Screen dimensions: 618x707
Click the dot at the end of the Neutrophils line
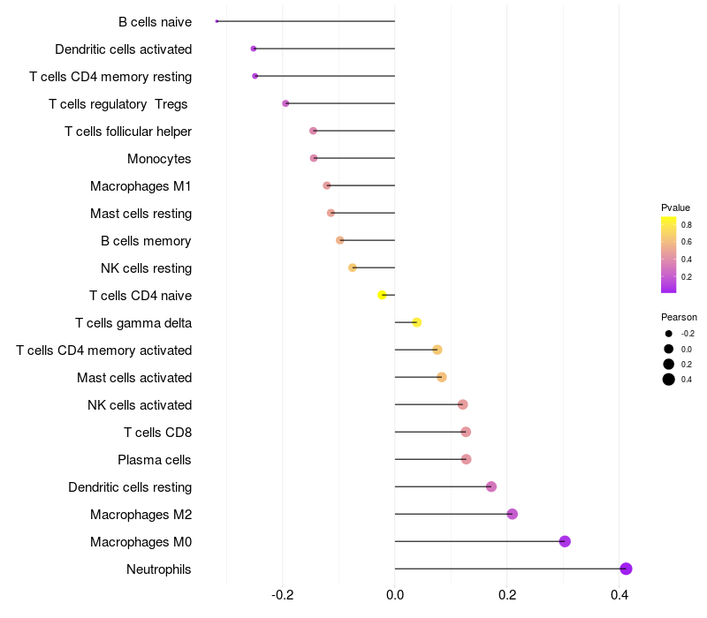[626, 569]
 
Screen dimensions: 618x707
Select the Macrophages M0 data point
[565, 541]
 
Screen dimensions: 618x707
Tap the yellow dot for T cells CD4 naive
[383, 295]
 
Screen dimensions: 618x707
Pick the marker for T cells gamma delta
[417, 322]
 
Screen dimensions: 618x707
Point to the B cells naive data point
[217, 21]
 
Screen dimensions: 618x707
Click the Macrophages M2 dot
[512, 514]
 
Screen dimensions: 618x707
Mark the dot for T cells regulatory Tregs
[285, 103]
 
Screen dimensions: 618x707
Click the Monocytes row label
[159, 159]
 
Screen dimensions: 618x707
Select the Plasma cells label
[155, 460]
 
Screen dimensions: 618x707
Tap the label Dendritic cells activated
[123, 49]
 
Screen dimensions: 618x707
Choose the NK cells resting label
[146, 268]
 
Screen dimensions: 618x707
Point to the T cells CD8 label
[157, 433]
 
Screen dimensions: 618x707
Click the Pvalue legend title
[675, 207]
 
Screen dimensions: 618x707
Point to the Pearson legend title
[679, 317]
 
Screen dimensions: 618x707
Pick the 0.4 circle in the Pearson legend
[669, 380]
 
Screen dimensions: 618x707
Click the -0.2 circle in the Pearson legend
[669, 334]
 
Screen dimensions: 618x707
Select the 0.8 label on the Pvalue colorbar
[686, 225]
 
